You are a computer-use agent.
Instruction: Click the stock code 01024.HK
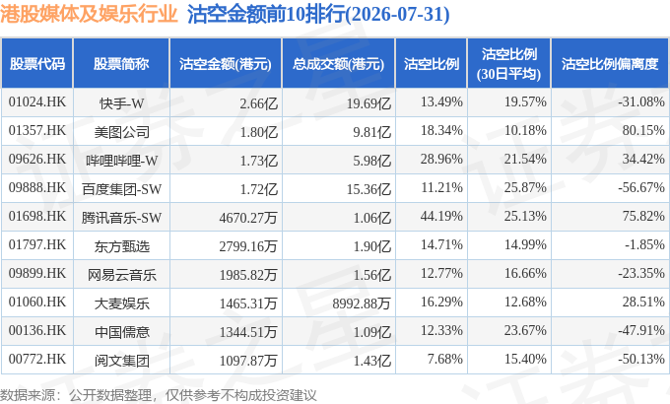coord(37,101)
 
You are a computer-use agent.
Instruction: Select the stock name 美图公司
coord(122,132)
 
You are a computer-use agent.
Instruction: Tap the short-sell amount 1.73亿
coord(259,161)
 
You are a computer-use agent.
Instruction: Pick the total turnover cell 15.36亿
coord(368,189)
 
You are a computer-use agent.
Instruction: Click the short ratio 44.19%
coord(441,216)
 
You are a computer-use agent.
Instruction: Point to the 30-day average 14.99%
coord(525,244)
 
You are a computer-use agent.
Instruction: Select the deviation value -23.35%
coord(641,273)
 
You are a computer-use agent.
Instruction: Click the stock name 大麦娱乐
coord(122,303)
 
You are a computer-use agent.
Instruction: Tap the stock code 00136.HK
coord(37,330)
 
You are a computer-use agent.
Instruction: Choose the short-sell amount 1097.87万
coord(248,361)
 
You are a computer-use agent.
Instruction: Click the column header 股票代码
coord(37,64)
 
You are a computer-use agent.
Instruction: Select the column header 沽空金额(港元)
coord(226,64)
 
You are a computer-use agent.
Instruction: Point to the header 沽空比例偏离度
coord(610,64)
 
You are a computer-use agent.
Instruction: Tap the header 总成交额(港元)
coord(338,64)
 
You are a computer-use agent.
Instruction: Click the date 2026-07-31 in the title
coord(397,15)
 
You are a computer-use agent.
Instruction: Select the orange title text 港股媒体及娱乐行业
coord(89,14)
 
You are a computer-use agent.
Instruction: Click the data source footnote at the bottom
coord(159,395)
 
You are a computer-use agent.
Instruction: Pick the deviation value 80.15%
coord(643,130)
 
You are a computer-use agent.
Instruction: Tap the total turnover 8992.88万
coord(362,303)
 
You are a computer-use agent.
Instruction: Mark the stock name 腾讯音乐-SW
coord(121,218)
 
